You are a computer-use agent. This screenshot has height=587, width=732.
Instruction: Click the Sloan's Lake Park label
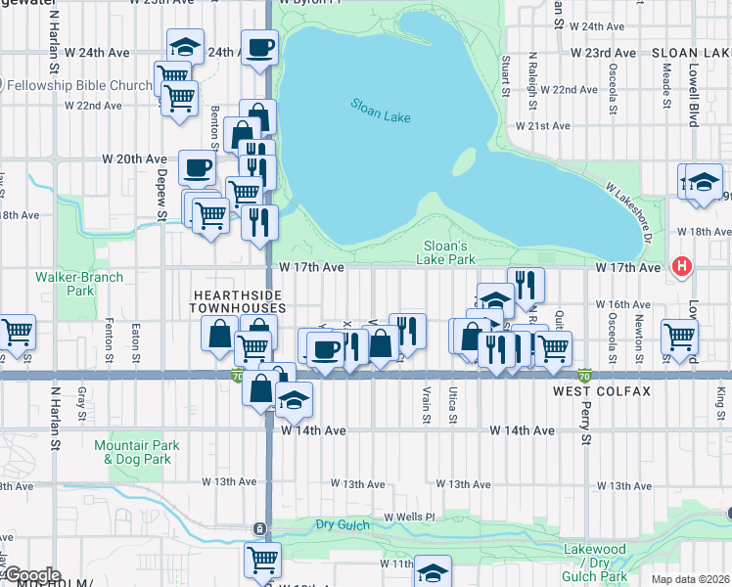[x=449, y=252]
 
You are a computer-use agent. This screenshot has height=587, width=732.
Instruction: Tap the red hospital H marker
[x=682, y=266]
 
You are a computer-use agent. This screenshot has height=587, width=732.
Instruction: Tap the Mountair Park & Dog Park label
[x=137, y=452]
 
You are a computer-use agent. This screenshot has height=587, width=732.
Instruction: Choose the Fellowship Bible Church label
[x=76, y=85]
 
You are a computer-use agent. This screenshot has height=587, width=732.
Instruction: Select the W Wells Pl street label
[x=408, y=516]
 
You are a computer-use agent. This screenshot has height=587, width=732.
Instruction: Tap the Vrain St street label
[x=427, y=404]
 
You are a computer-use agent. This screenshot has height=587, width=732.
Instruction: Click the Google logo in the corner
[x=31, y=575]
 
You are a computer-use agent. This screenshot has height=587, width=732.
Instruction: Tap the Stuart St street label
[x=506, y=76]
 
